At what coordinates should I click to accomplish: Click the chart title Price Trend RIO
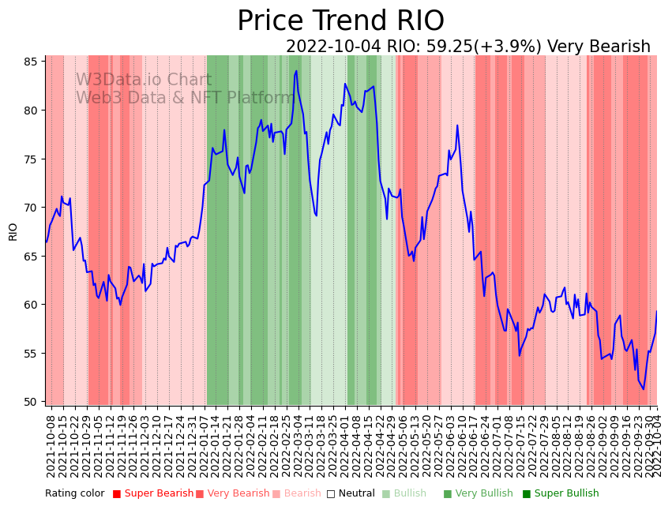point(340,21)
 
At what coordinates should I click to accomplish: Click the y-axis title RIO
point(13,231)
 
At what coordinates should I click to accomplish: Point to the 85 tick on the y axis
point(34,62)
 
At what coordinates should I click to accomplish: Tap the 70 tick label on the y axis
point(34,208)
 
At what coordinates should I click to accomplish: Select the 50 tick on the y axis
point(34,402)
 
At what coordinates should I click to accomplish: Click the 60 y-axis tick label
point(34,305)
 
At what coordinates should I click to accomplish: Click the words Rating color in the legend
point(74,493)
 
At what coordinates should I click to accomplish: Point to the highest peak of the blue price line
point(296,71)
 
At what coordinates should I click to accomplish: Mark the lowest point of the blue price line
point(643,389)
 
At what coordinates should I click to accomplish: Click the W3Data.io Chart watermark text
point(144,81)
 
